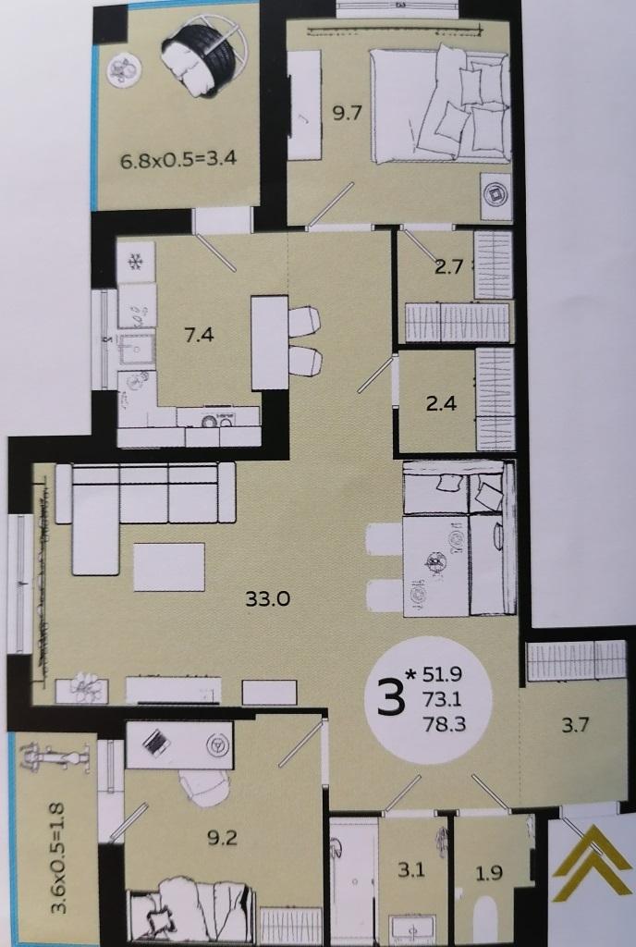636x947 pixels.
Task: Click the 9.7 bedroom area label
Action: (x=347, y=113)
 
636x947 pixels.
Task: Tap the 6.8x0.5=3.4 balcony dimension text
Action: (x=178, y=159)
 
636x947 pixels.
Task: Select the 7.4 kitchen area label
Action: (x=199, y=334)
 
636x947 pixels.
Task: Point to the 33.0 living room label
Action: (x=267, y=598)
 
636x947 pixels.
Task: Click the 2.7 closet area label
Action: (x=448, y=266)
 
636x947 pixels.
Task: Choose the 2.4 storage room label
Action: (x=441, y=403)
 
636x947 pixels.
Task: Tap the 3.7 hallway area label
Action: (x=575, y=723)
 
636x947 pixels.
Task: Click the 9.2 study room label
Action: (x=222, y=838)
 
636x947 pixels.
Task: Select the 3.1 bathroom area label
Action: (x=411, y=870)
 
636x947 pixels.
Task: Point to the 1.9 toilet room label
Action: (x=489, y=872)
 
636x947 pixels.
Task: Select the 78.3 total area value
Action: (x=445, y=723)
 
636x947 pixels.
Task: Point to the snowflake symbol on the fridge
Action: (x=136, y=262)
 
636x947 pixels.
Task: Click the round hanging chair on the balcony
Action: (x=204, y=56)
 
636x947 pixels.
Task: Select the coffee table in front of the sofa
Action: (x=169, y=566)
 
